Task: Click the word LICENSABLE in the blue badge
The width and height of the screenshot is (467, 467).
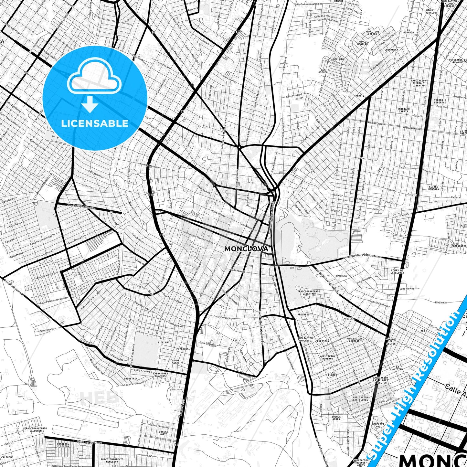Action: tap(95, 123)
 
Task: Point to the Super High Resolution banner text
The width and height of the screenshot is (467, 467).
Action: tap(417, 383)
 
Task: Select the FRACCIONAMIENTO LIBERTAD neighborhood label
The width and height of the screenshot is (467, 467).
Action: tap(308, 292)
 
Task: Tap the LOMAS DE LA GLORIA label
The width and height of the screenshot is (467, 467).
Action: tap(397, 271)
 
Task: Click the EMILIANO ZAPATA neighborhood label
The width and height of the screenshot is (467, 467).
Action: tap(404, 111)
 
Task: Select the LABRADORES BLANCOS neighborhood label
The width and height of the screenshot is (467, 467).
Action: tap(161, 375)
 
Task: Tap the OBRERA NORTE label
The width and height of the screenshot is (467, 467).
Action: tap(163, 433)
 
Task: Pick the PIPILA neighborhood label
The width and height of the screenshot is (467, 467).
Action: tap(360, 96)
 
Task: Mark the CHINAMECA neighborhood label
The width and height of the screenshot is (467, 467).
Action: tap(391, 50)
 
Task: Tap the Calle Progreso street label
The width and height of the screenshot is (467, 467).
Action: tap(222, 317)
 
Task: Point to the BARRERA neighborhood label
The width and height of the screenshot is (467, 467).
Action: tap(341, 276)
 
